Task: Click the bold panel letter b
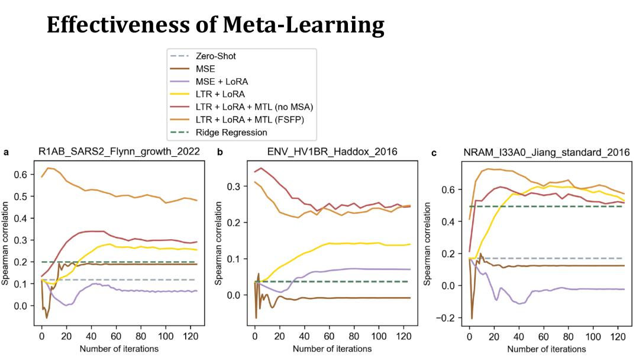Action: pyautogui.click(x=220, y=152)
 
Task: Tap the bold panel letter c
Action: pyautogui.click(x=434, y=152)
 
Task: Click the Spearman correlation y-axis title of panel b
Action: pyautogui.click(x=220, y=243)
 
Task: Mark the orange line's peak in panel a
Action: pyautogui.click(x=49, y=168)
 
